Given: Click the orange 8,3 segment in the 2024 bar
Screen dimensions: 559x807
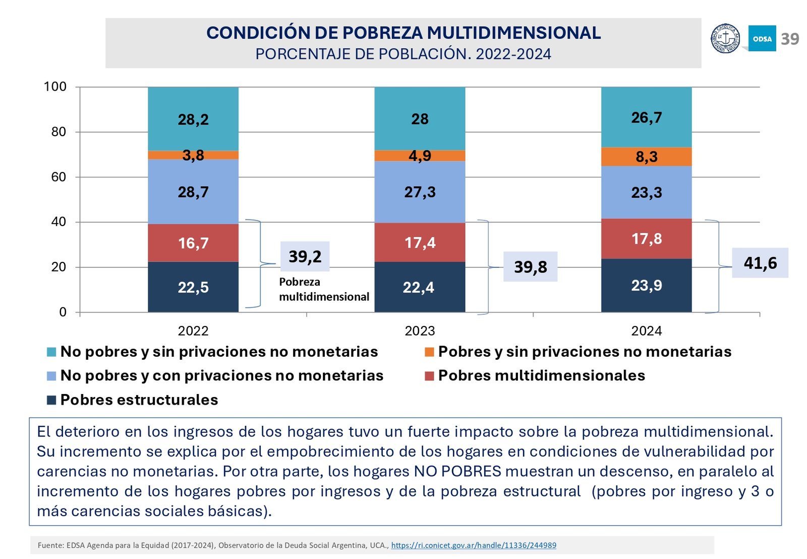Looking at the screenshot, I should click(x=646, y=156).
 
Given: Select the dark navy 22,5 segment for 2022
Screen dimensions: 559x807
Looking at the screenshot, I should click(x=193, y=287).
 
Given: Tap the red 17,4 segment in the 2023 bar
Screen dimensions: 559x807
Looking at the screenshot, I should click(x=420, y=242).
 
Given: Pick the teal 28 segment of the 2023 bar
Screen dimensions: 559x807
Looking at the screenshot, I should click(x=420, y=119).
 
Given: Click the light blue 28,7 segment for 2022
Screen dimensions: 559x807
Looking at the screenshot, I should click(x=193, y=192).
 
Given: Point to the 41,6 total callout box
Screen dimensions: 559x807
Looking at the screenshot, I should click(x=760, y=263).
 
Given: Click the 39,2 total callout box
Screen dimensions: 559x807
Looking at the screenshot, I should click(x=305, y=256).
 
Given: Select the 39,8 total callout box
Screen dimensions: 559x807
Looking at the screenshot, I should click(x=530, y=266).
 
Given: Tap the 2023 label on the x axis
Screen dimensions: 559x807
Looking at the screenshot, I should click(x=420, y=331).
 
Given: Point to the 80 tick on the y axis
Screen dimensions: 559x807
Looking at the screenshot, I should click(x=59, y=132).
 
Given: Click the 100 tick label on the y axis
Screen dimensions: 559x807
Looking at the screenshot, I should click(x=55, y=87).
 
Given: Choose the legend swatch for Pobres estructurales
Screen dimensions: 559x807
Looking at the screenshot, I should click(x=51, y=400).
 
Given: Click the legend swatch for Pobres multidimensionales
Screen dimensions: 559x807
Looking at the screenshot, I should click(x=429, y=376).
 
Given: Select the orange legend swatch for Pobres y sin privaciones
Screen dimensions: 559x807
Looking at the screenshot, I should click(x=429, y=352).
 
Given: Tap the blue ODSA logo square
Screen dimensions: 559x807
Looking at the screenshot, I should click(x=762, y=38).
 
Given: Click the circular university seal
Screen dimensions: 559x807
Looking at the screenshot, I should click(x=725, y=38).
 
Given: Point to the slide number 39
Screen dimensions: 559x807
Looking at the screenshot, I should click(x=790, y=39).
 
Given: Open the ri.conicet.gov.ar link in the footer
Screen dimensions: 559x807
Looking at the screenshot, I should click(x=474, y=545).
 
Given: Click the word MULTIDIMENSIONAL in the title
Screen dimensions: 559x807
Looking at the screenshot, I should click(x=513, y=33).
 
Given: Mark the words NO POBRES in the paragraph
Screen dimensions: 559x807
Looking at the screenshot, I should click(x=457, y=471).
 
